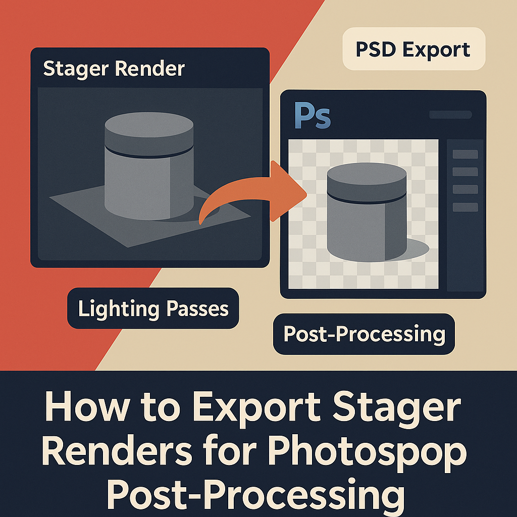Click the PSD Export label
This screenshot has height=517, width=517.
(x=413, y=49)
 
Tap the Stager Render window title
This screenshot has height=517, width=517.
(x=114, y=68)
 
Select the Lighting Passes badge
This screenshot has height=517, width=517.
(x=153, y=308)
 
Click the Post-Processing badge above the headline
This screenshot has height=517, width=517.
(x=364, y=334)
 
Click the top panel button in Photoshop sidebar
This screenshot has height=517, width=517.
(x=465, y=154)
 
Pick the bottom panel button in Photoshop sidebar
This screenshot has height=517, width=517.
(x=465, y=207)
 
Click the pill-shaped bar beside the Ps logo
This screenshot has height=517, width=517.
(x=450, y=115)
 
